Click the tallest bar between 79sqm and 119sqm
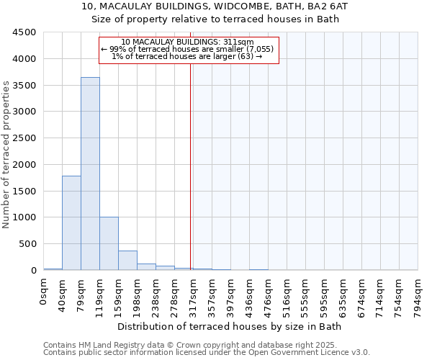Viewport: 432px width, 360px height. pos(90,174)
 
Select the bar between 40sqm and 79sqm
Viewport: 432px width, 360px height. pos(71,222)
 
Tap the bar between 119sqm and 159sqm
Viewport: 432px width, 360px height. pos(109,243)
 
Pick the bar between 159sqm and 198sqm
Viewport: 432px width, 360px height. pos(127,260)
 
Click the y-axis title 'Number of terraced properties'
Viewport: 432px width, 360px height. pos(6,155)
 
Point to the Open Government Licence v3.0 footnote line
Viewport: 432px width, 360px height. pos(207,353)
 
